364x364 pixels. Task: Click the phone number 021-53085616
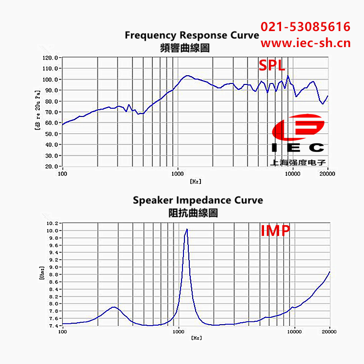305,27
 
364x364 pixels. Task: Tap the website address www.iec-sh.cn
305,43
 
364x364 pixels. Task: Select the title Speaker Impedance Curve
198,200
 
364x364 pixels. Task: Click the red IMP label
275,231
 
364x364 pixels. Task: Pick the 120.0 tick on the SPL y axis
50,57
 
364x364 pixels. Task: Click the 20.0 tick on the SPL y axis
51,166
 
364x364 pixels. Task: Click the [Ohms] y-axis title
42,273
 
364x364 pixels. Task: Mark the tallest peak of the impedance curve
186,230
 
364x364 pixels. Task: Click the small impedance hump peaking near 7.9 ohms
114,307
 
